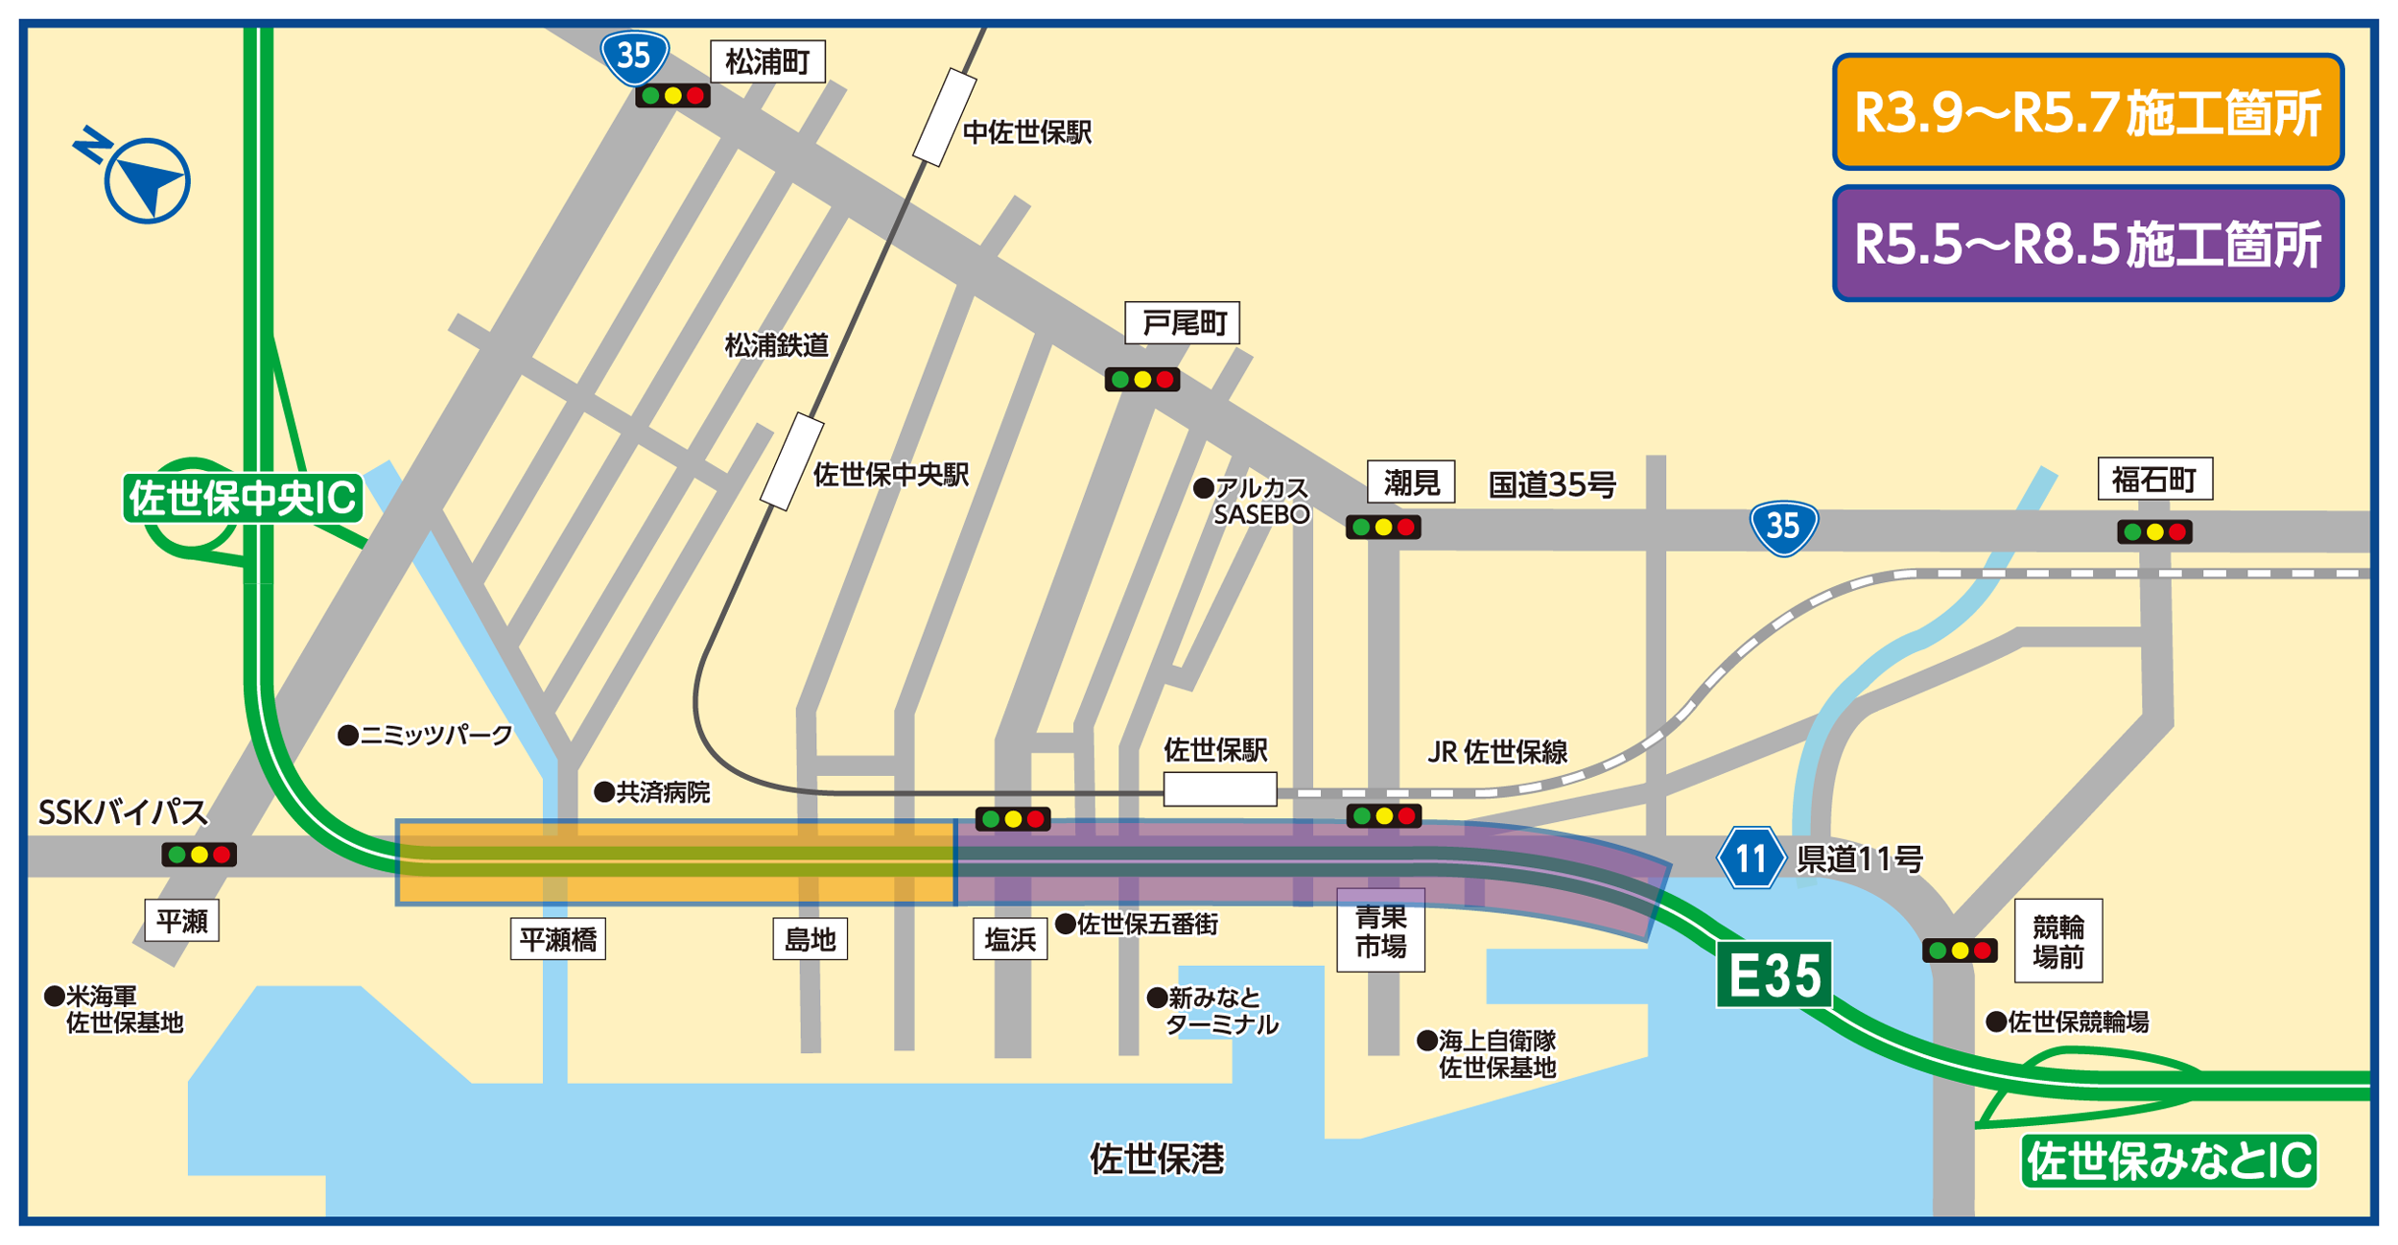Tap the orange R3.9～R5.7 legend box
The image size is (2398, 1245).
[2087, 112]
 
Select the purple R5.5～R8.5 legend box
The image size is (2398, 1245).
[2087, 244]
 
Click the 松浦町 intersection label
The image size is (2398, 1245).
[767, 62]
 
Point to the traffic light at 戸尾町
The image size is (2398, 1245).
[1141, 380]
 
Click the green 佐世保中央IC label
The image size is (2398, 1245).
[243, 498]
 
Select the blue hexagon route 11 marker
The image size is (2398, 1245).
[1751, 857]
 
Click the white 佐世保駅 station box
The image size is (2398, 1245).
[1219, 789]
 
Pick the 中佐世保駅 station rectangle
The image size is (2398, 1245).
[944, 117]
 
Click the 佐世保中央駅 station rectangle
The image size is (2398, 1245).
[791, 462]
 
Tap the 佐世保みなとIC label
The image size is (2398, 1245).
[2169, 1162]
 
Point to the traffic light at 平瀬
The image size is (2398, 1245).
[199, 855]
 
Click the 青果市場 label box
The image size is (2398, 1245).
[1380, 929]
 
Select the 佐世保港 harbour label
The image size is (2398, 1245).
[1157, 1160]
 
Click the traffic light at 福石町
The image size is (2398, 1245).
[2154, 531]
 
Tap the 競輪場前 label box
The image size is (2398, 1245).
[2057, 941]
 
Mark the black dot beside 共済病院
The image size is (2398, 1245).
[604, 792]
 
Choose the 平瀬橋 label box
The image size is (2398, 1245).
[557, 940]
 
